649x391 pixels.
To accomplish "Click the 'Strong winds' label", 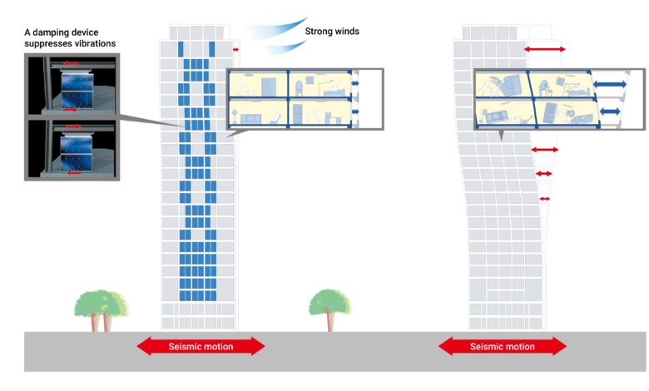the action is coord(332,32).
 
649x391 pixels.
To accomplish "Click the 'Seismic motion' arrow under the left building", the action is coord(201,346).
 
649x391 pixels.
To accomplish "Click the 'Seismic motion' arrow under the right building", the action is coord(502,346).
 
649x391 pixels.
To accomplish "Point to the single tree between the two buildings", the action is coord(329,309).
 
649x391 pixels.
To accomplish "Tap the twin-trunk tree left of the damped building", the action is coord(101,310).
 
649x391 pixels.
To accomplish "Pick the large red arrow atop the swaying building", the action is coord(545,49).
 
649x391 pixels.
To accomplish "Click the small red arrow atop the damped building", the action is coord(235,50).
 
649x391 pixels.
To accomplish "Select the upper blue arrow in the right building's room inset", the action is coord(610,84).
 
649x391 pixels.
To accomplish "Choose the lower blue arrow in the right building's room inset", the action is coord(610,111).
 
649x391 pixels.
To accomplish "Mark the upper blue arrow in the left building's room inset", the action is coord(355,83).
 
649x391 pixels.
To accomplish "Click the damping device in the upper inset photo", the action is coord(77,90).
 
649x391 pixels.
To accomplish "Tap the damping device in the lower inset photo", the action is coord(77,152).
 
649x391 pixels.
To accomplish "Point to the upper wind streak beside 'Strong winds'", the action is coord(275,28).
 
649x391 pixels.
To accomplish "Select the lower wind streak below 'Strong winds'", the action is coord(285,47).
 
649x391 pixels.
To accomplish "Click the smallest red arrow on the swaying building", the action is coord(545,199).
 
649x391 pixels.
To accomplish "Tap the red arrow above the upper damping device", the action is coord(71,64).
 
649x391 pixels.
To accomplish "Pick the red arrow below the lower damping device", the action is coord(74,173).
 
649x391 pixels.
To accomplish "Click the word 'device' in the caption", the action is coord(86,32).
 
